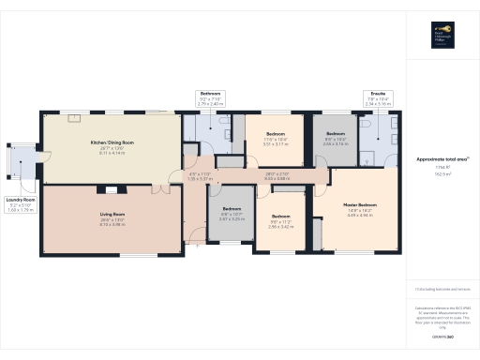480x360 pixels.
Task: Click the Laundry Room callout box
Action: coord(21,205)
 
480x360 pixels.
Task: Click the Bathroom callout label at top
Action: coord(209,94)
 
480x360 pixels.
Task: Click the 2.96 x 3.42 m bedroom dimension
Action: coord(281,227)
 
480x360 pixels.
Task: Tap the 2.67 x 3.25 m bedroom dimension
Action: coord(231,218)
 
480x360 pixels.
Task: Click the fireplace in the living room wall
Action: coord(101,190)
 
